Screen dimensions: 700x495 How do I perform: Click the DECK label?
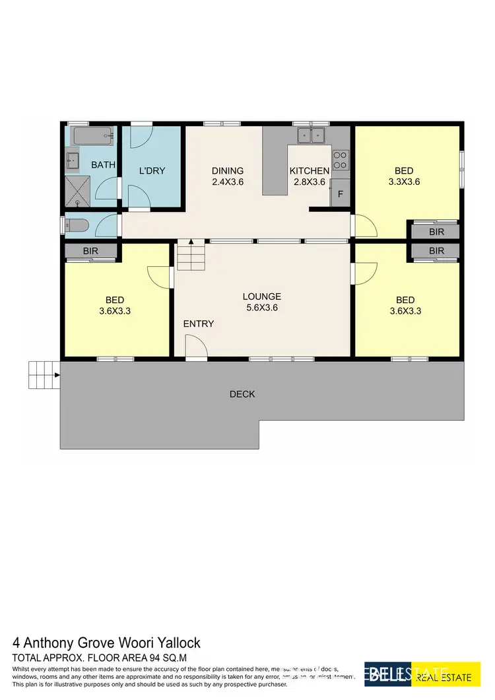click(242, 394)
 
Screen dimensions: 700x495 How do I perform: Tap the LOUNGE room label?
click(261, 297)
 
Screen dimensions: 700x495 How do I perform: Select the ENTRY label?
click(199, 324)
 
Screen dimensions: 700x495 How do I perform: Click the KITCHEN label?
click(310, 171)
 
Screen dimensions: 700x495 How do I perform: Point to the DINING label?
click(228, 171)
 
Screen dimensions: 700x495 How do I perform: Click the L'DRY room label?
click(152, 171)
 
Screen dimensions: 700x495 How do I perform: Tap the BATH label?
click(103, 164)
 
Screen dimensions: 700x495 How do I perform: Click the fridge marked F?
click(341, 194)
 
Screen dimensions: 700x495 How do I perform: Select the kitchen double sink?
click(310, 135)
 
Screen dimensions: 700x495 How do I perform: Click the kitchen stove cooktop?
click(341, 160)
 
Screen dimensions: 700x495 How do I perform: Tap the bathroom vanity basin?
click(73, 160)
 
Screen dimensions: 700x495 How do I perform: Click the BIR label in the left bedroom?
click(90, 251)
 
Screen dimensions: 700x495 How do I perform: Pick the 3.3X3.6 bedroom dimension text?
click(404, 182)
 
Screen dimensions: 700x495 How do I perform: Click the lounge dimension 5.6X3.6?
click(261, 307)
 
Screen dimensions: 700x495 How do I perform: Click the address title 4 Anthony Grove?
click(106, 643)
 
